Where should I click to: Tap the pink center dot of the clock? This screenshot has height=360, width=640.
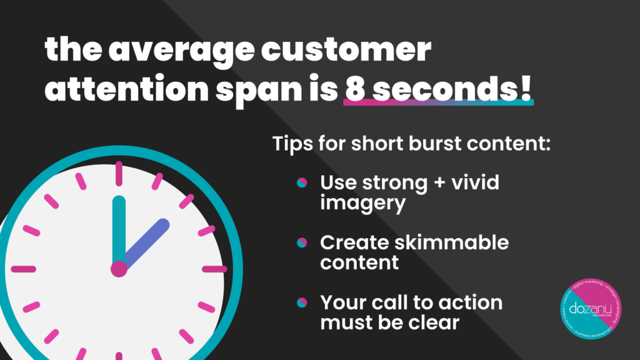click(119, 269)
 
